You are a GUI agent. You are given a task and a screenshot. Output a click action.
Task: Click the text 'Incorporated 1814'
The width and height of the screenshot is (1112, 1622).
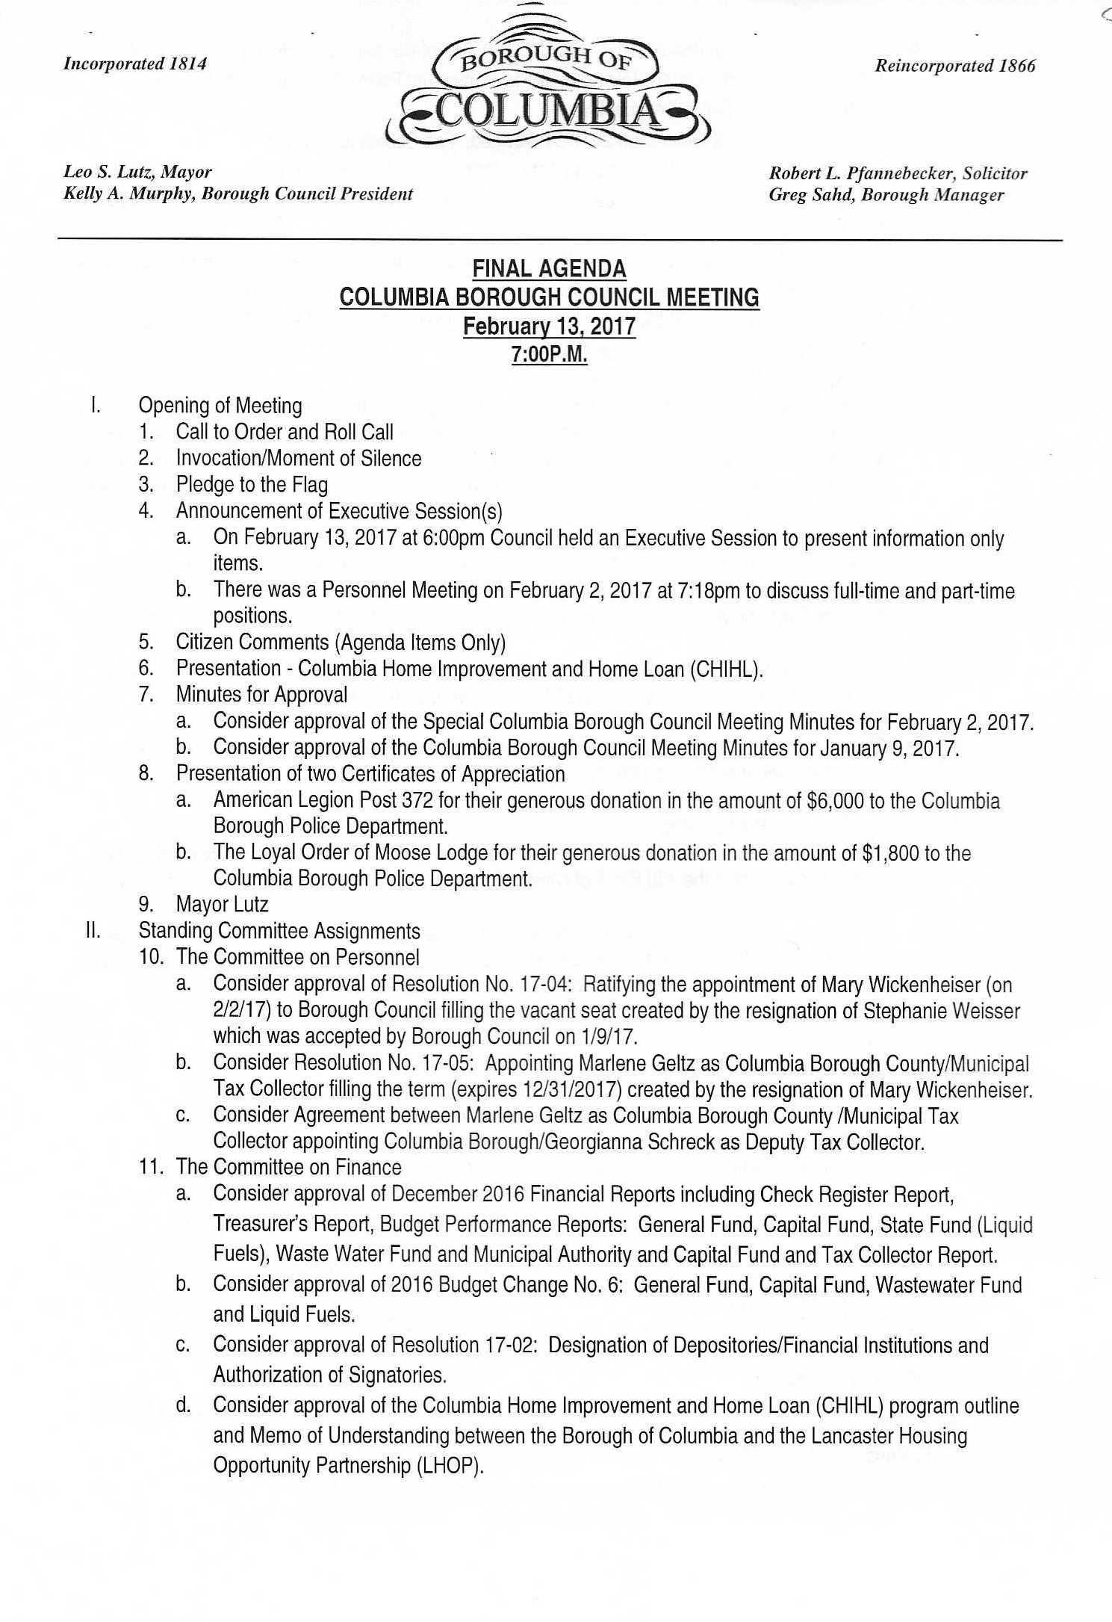click(x=135, y=64)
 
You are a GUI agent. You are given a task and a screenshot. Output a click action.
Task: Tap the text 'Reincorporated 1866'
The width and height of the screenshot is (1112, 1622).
click(x=955, y=66)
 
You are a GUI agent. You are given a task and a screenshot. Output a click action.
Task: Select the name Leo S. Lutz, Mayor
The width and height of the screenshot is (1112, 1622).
click(x=137, y=173)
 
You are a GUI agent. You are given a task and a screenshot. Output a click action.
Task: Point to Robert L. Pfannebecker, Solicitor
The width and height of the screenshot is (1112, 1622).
click(x=898, y=174)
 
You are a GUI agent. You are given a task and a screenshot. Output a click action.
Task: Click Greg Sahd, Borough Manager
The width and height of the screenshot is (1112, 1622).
click(x=886, y=196)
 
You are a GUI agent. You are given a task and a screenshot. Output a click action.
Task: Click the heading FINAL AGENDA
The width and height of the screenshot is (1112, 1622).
click(x=550, y=269)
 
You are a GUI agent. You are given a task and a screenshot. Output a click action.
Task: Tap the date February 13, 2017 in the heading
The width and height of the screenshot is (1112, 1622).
click(x=550, y=326)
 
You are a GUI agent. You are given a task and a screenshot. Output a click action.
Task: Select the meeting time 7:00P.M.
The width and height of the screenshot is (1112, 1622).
click(x=550, y=355)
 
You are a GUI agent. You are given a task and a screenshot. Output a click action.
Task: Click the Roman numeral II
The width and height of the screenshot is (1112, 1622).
click(x=93, y=931)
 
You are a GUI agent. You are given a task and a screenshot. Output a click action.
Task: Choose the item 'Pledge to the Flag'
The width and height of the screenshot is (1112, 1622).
click(x=252, y=485)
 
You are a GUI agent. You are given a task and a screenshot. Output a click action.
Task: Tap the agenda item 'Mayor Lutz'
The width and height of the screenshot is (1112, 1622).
click(x=222, y=905)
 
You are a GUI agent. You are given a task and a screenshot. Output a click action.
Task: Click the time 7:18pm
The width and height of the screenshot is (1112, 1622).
click(x=709, y=590)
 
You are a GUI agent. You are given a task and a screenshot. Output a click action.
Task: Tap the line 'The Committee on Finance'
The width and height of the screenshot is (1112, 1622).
click(x=288, y=1167)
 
